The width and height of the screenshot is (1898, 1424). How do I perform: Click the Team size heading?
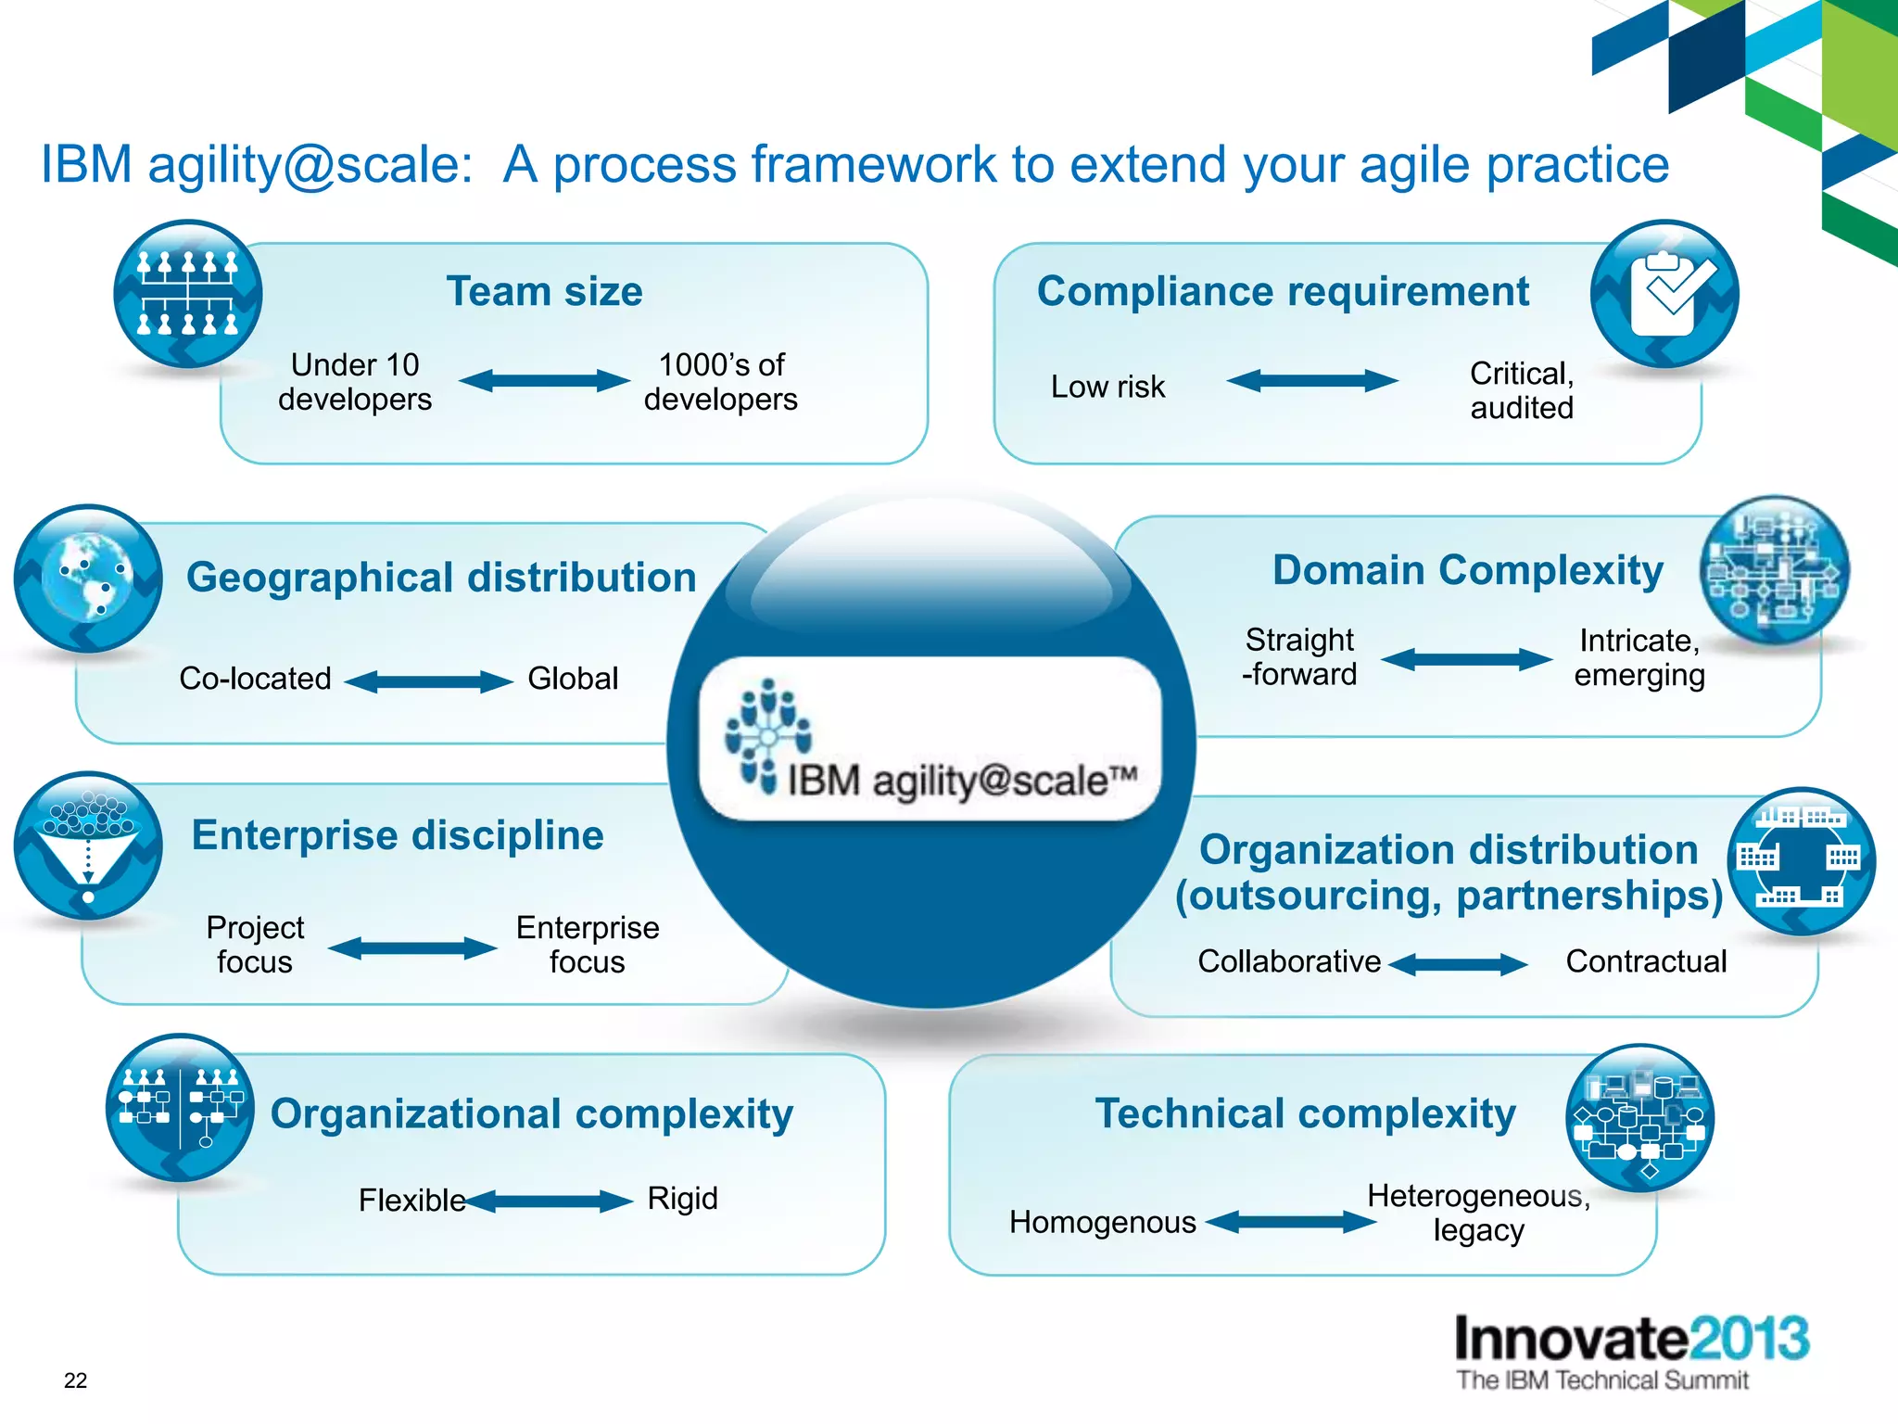tap(544, 292)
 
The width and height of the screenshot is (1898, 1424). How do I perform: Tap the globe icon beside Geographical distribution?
tap(88, 578)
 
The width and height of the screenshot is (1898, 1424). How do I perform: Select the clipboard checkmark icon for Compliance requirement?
tap(1664, 294)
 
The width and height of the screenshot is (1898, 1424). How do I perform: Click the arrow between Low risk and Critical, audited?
tap(1312, 381)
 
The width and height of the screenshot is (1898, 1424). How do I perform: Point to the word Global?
tap(573, 679)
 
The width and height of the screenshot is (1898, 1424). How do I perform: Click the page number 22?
tap(75, 1380)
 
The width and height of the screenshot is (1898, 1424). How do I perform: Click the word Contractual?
tap(1646, 961)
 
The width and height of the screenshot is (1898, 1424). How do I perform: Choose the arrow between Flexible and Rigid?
tap(549, 1201)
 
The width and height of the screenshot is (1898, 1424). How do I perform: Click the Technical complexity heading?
tap(1305, 1113)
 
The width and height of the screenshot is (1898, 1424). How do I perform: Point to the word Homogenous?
tap(1103, 1223)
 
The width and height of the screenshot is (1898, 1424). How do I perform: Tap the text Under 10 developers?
tap(355, 382)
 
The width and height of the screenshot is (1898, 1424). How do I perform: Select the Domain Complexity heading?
tap(1468, 570)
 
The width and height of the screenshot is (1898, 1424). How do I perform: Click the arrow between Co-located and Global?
tap(428, 682)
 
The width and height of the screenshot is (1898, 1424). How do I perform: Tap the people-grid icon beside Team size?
tap(188, 294)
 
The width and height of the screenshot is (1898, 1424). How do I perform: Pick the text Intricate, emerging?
tap(1639, 657)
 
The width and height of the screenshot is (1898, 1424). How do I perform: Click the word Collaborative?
tap(1289, 961)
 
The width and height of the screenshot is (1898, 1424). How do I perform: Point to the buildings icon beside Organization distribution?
tap(1801, 861)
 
